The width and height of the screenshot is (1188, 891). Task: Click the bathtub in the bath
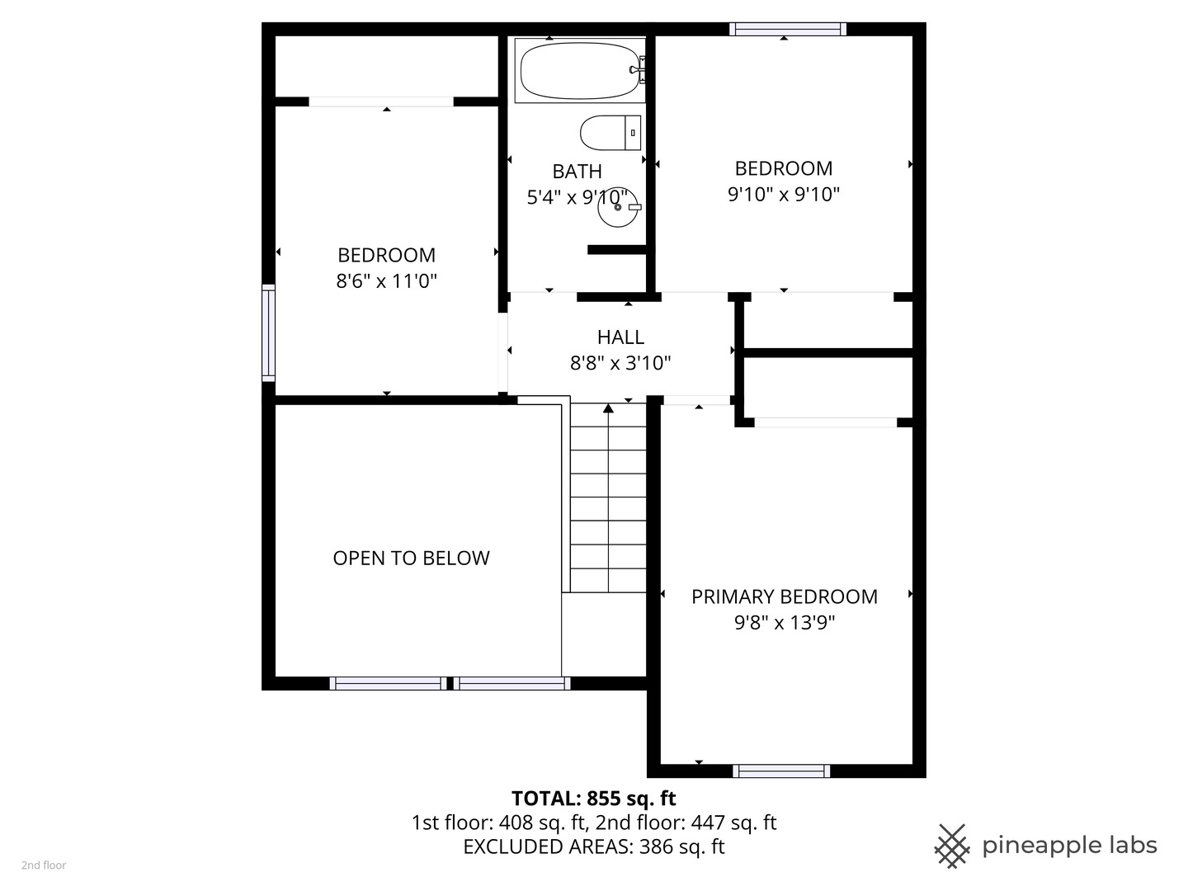[x=580, y=70]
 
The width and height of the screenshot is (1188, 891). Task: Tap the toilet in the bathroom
[x=610, y=133]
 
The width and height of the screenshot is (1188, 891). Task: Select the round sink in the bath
[x=618, y=207]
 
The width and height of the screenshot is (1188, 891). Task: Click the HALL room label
[x=620, y=337]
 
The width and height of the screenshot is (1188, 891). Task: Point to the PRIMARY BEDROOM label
[x=785, y=596]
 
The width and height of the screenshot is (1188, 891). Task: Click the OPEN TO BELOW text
[x=411, y=558]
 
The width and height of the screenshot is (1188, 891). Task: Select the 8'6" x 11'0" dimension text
[x=386, y=280]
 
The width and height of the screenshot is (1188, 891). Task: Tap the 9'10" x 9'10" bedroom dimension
[x=783, y=194]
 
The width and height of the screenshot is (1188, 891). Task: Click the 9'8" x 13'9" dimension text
[x=785, y=623]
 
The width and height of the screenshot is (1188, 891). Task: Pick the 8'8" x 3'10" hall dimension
[x=620, y=362]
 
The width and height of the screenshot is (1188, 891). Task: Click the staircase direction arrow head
[x=608, y=408]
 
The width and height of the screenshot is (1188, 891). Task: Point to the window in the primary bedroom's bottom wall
[x=781, y=771]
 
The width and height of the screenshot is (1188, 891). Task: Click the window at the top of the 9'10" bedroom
[x=788, y=29]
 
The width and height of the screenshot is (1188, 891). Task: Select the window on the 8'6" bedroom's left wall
[x=268, y=332]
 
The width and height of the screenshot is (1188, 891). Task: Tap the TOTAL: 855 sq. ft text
[x=594, y=799]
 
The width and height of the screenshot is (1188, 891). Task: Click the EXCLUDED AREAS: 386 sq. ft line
[x=594, y=846]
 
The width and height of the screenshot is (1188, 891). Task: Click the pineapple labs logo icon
[x=952, y=846]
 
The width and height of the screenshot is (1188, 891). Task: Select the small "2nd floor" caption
[x=44, y=865]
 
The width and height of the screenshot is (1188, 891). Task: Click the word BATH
[x=577, y=172]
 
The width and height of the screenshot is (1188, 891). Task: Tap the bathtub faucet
[x=638, y=70]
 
